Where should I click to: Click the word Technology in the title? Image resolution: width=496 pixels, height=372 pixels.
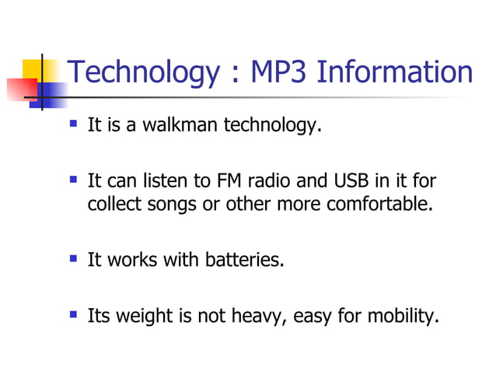click(145, 73)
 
